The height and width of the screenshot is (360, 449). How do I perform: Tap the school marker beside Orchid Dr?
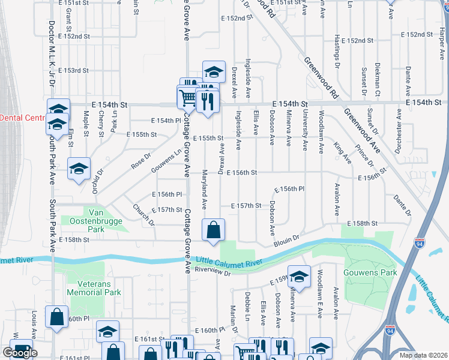point(79,169)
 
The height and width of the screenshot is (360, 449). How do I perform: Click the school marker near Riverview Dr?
point(299,277)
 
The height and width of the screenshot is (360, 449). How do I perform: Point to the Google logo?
point(20,353)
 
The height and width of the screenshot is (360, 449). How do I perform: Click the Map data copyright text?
point(423,355)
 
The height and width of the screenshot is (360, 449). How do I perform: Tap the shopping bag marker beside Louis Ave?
point(56,318)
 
